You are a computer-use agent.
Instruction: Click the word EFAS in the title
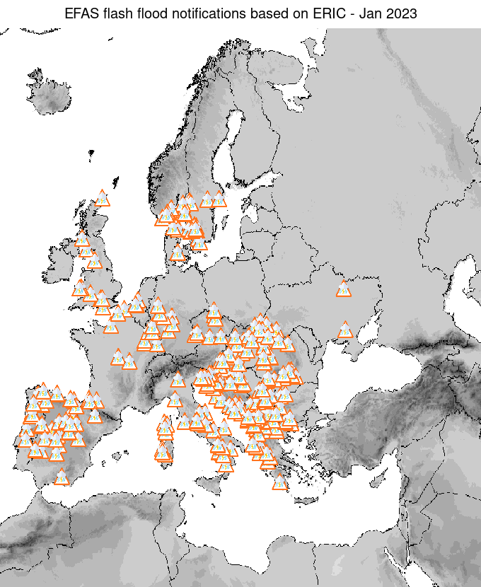tap(79, 13)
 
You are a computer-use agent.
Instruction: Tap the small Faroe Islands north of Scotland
tap(90, 151)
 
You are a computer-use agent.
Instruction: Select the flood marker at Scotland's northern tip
tap(103, 198)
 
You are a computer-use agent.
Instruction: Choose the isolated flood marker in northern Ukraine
tap(344, 289)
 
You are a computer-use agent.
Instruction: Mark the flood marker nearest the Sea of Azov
tap(345, 330)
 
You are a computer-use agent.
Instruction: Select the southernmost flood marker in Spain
tap(62, 477)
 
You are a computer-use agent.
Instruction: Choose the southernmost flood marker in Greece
tap(280, 482)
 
